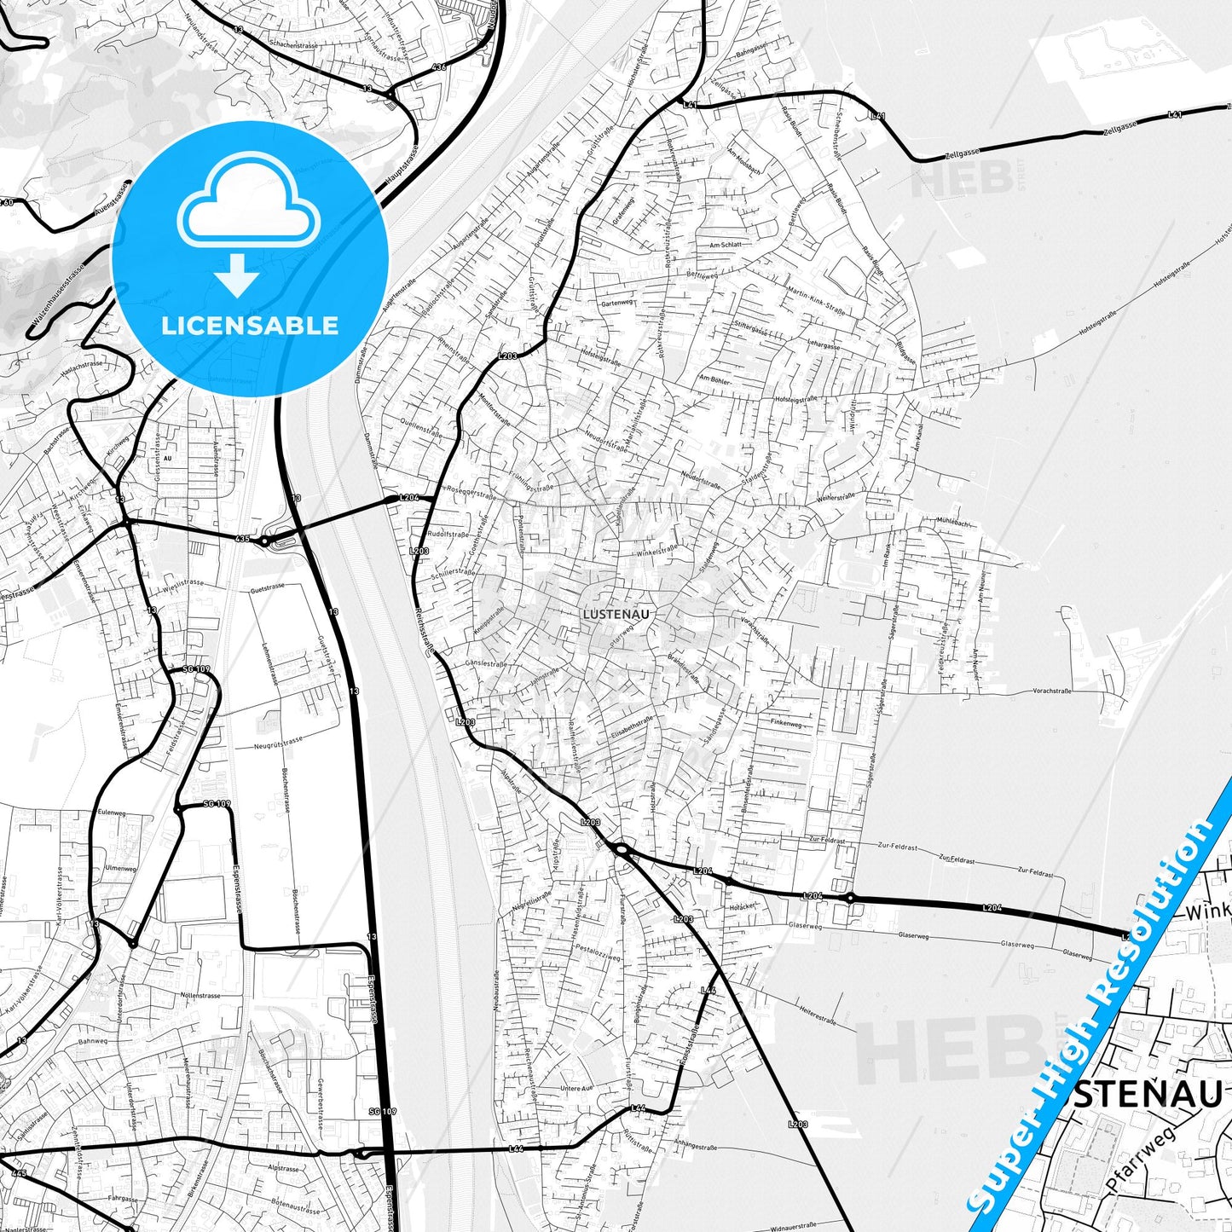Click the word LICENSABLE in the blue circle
[x=250, y=326]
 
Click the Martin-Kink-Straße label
[x=817, y=302]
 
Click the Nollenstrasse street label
[x=200, y=995]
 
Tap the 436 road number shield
[x=439, y=67]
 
